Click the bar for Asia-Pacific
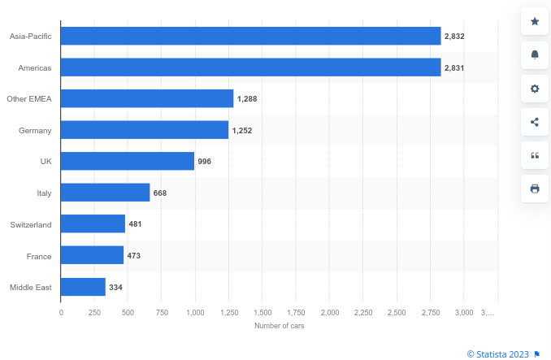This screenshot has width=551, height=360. click(250, 36)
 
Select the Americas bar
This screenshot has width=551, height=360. click(250, 67)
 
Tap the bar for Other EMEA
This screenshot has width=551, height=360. click(147, 98)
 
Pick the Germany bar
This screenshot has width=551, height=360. click(145, 130)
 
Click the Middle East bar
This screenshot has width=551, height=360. click(83, 287)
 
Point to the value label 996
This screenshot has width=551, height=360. click(204, 162)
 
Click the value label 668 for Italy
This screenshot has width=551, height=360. click(159, 193)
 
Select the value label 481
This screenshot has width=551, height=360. click(135, 224)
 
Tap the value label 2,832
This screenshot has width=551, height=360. click(454, 37)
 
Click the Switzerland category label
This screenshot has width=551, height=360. click(31, 224)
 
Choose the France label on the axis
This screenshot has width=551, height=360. click(38, 256)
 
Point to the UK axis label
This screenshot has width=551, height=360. click(46, 162)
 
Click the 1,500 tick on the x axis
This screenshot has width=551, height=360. click(262, 313)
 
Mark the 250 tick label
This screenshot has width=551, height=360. click(95, 313)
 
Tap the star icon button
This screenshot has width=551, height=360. click(535, 21)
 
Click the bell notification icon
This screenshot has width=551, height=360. click(535, 54)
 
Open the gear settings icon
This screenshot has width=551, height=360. click(535, 89)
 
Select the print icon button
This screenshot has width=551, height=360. click(535, 189)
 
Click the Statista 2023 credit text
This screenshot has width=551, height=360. click(497, 353)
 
